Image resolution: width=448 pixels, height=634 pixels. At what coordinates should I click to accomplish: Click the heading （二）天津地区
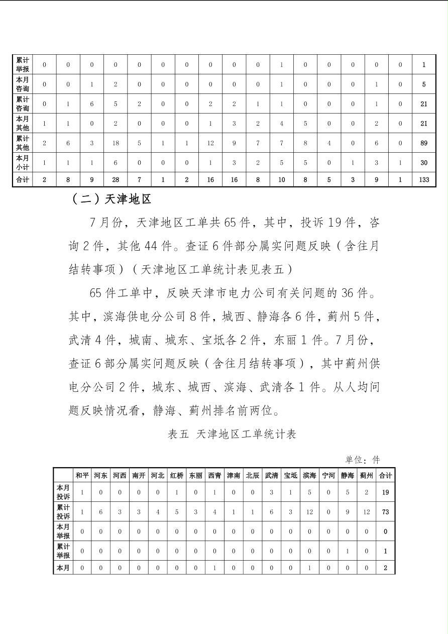point(111,199)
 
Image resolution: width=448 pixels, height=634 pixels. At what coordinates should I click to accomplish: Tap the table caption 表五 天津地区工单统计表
point(232,434)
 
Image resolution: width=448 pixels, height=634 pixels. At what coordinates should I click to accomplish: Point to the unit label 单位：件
point(362,460)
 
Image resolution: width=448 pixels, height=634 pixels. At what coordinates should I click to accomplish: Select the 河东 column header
point(100,475)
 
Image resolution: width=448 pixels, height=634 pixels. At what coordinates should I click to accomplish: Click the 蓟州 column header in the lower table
point(367,475)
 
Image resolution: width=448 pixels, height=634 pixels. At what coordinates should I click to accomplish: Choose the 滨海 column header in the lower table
point(309,475)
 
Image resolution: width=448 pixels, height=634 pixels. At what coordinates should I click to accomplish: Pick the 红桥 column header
point(176,475)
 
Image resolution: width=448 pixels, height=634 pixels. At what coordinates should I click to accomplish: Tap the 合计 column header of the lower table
point(385,475)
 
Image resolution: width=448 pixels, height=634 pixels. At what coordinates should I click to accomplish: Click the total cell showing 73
point(385,512)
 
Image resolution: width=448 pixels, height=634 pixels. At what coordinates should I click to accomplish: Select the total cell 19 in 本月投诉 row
point(385,492)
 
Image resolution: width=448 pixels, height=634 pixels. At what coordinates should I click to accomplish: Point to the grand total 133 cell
point(424,180)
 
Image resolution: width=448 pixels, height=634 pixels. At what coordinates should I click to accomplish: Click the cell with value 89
point(424,143)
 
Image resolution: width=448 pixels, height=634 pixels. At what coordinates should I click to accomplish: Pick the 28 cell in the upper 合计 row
point(116,180)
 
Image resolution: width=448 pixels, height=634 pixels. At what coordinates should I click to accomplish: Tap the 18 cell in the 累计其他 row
point(116,143)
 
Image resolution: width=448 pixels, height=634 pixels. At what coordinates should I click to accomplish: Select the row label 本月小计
point(23,163)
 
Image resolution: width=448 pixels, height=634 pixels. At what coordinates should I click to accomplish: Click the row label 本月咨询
point(23,84)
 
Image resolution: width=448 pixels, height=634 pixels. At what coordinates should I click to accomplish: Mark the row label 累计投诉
point(63,512)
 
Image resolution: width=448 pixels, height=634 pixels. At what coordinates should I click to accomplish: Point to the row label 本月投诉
point(63,492)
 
